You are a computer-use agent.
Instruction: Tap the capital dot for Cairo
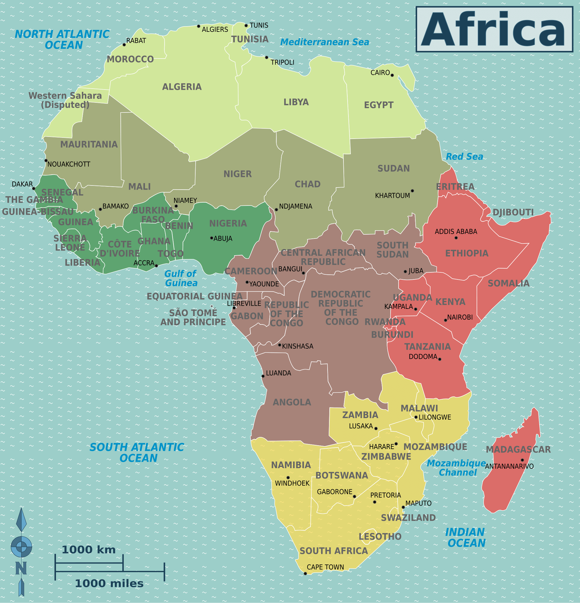[392, 75]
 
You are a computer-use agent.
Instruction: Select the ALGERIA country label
[182, 87]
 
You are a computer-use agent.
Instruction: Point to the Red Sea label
[464, 157]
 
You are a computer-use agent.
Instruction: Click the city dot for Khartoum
[412, 191]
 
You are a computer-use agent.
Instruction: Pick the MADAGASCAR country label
[518, 450]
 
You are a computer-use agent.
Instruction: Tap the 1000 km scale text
[89, 550]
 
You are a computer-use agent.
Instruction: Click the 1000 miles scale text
[109, 584]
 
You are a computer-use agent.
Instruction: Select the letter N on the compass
[21, 568]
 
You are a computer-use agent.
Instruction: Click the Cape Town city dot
[305, 574]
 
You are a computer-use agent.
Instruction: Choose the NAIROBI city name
[460, 317]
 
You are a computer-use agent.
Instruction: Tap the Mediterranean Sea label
[325, 42]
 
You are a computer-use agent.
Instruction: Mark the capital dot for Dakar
[34, 188]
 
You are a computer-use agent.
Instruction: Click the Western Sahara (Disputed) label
[65, 100]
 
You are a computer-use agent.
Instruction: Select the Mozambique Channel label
[457, 468]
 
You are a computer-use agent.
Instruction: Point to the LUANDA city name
[278, 373]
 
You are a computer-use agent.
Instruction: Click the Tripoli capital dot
[266, 57]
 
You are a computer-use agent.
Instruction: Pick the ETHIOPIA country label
[467, 254]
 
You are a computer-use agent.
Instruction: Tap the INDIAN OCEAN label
[466, 537]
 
